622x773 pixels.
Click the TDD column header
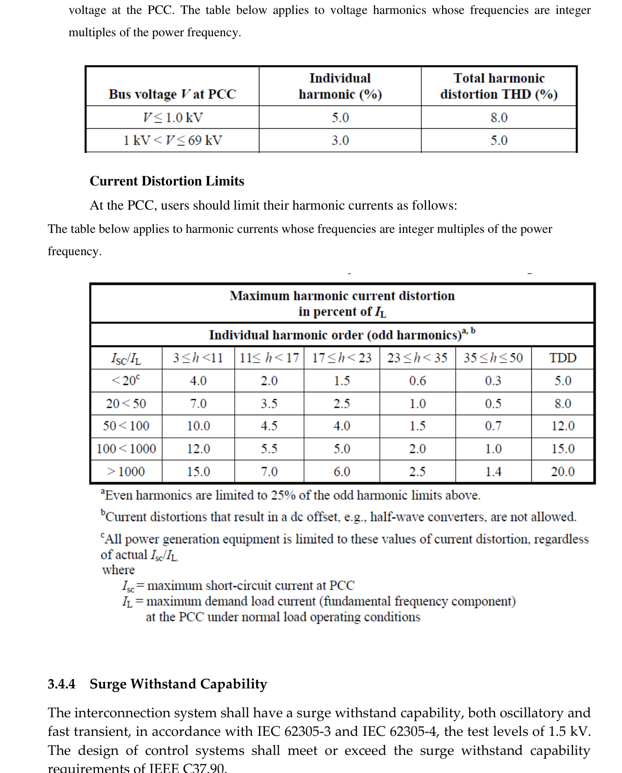(562, 358)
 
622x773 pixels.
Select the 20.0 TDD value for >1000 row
(562, 472)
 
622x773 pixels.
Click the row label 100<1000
(126, 449)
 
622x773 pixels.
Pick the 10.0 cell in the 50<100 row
(199, 426)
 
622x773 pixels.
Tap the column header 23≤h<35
(417, 358)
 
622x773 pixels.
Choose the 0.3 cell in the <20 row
(493, 381)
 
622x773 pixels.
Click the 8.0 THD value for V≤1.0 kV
(499, 118)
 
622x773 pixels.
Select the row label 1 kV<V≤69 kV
(172, 140)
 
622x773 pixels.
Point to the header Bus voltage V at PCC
(172, 94)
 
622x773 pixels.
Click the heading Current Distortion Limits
(167, 181)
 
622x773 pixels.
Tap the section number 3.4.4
(61, 684)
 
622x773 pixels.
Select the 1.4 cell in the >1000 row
(493, 472)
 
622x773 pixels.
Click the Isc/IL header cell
(126, 358)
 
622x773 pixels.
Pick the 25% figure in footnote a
(283, 496)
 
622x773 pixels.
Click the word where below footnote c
(119, 570)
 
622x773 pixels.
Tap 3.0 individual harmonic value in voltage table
(340, 140)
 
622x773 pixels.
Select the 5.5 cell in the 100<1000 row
(269, 449)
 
